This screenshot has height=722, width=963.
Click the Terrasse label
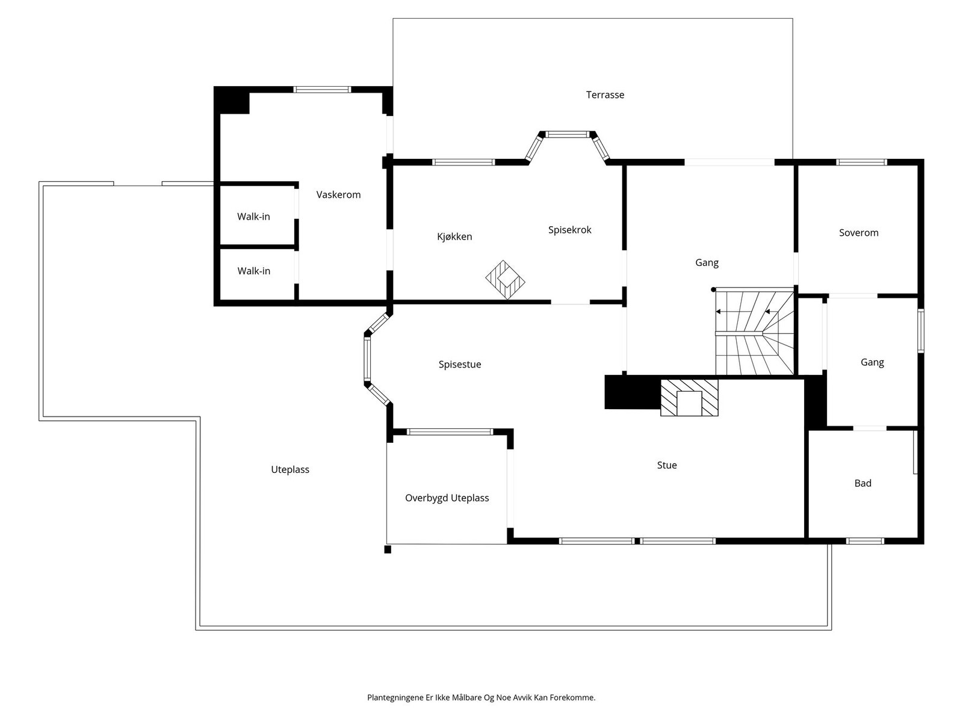[604, 94]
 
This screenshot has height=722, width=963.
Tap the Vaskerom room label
[338, 194]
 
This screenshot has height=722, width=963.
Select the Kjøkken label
[454, 236]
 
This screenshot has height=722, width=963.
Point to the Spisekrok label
[569, 230]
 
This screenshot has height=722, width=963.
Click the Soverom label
[859, 233]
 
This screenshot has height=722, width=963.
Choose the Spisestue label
[460, 364]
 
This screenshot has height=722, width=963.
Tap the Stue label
[666, 465]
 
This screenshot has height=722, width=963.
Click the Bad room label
[862, 483]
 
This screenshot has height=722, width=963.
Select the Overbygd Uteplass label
[447, 498]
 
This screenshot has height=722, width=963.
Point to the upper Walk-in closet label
[253, 217]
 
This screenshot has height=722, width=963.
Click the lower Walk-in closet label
[253, 271]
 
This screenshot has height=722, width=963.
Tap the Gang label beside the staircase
[707, 262]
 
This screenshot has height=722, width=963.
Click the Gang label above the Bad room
[872, 362]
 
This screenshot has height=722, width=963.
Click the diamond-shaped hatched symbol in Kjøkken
[505, 280]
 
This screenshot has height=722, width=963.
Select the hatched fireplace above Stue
[689, 398]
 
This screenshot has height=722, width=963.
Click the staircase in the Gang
[754, 332]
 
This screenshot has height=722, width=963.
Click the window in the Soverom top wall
[862, 162]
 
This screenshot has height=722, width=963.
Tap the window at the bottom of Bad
[865, 541]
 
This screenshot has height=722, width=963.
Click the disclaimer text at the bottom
[482, 697]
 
